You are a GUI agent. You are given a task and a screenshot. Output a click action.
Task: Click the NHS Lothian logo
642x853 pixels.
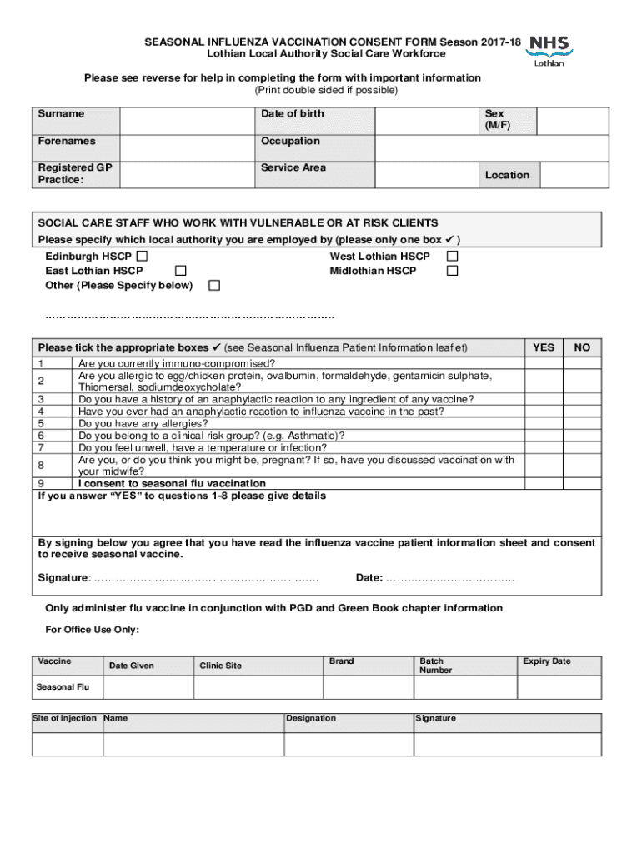[549, 51]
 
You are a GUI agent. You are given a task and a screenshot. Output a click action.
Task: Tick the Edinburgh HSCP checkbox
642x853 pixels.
[142, 257]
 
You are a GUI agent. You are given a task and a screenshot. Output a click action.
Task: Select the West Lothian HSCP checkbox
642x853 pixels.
[452, 257]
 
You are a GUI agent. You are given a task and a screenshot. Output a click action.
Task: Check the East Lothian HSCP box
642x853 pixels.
[180, 271]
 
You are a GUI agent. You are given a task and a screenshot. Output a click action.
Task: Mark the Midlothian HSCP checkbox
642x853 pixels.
[452, 271]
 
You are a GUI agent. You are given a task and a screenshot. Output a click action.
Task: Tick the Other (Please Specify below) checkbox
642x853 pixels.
[214, 286]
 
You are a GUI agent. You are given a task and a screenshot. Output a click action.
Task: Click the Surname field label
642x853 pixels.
[60, 114]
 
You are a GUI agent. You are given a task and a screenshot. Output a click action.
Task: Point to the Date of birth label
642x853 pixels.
[292, 114]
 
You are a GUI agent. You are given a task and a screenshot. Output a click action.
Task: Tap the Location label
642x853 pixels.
[507, 175]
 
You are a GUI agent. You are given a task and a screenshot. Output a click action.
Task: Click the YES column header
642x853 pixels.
[543, 347]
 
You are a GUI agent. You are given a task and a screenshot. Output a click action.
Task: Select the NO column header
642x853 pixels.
[583, 347]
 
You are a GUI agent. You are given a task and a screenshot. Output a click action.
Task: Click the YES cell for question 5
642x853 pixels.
[543, 423]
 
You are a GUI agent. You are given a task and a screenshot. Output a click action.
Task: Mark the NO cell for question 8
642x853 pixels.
[583, 465]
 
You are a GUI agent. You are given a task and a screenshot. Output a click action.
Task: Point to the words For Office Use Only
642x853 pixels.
[92, 630]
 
